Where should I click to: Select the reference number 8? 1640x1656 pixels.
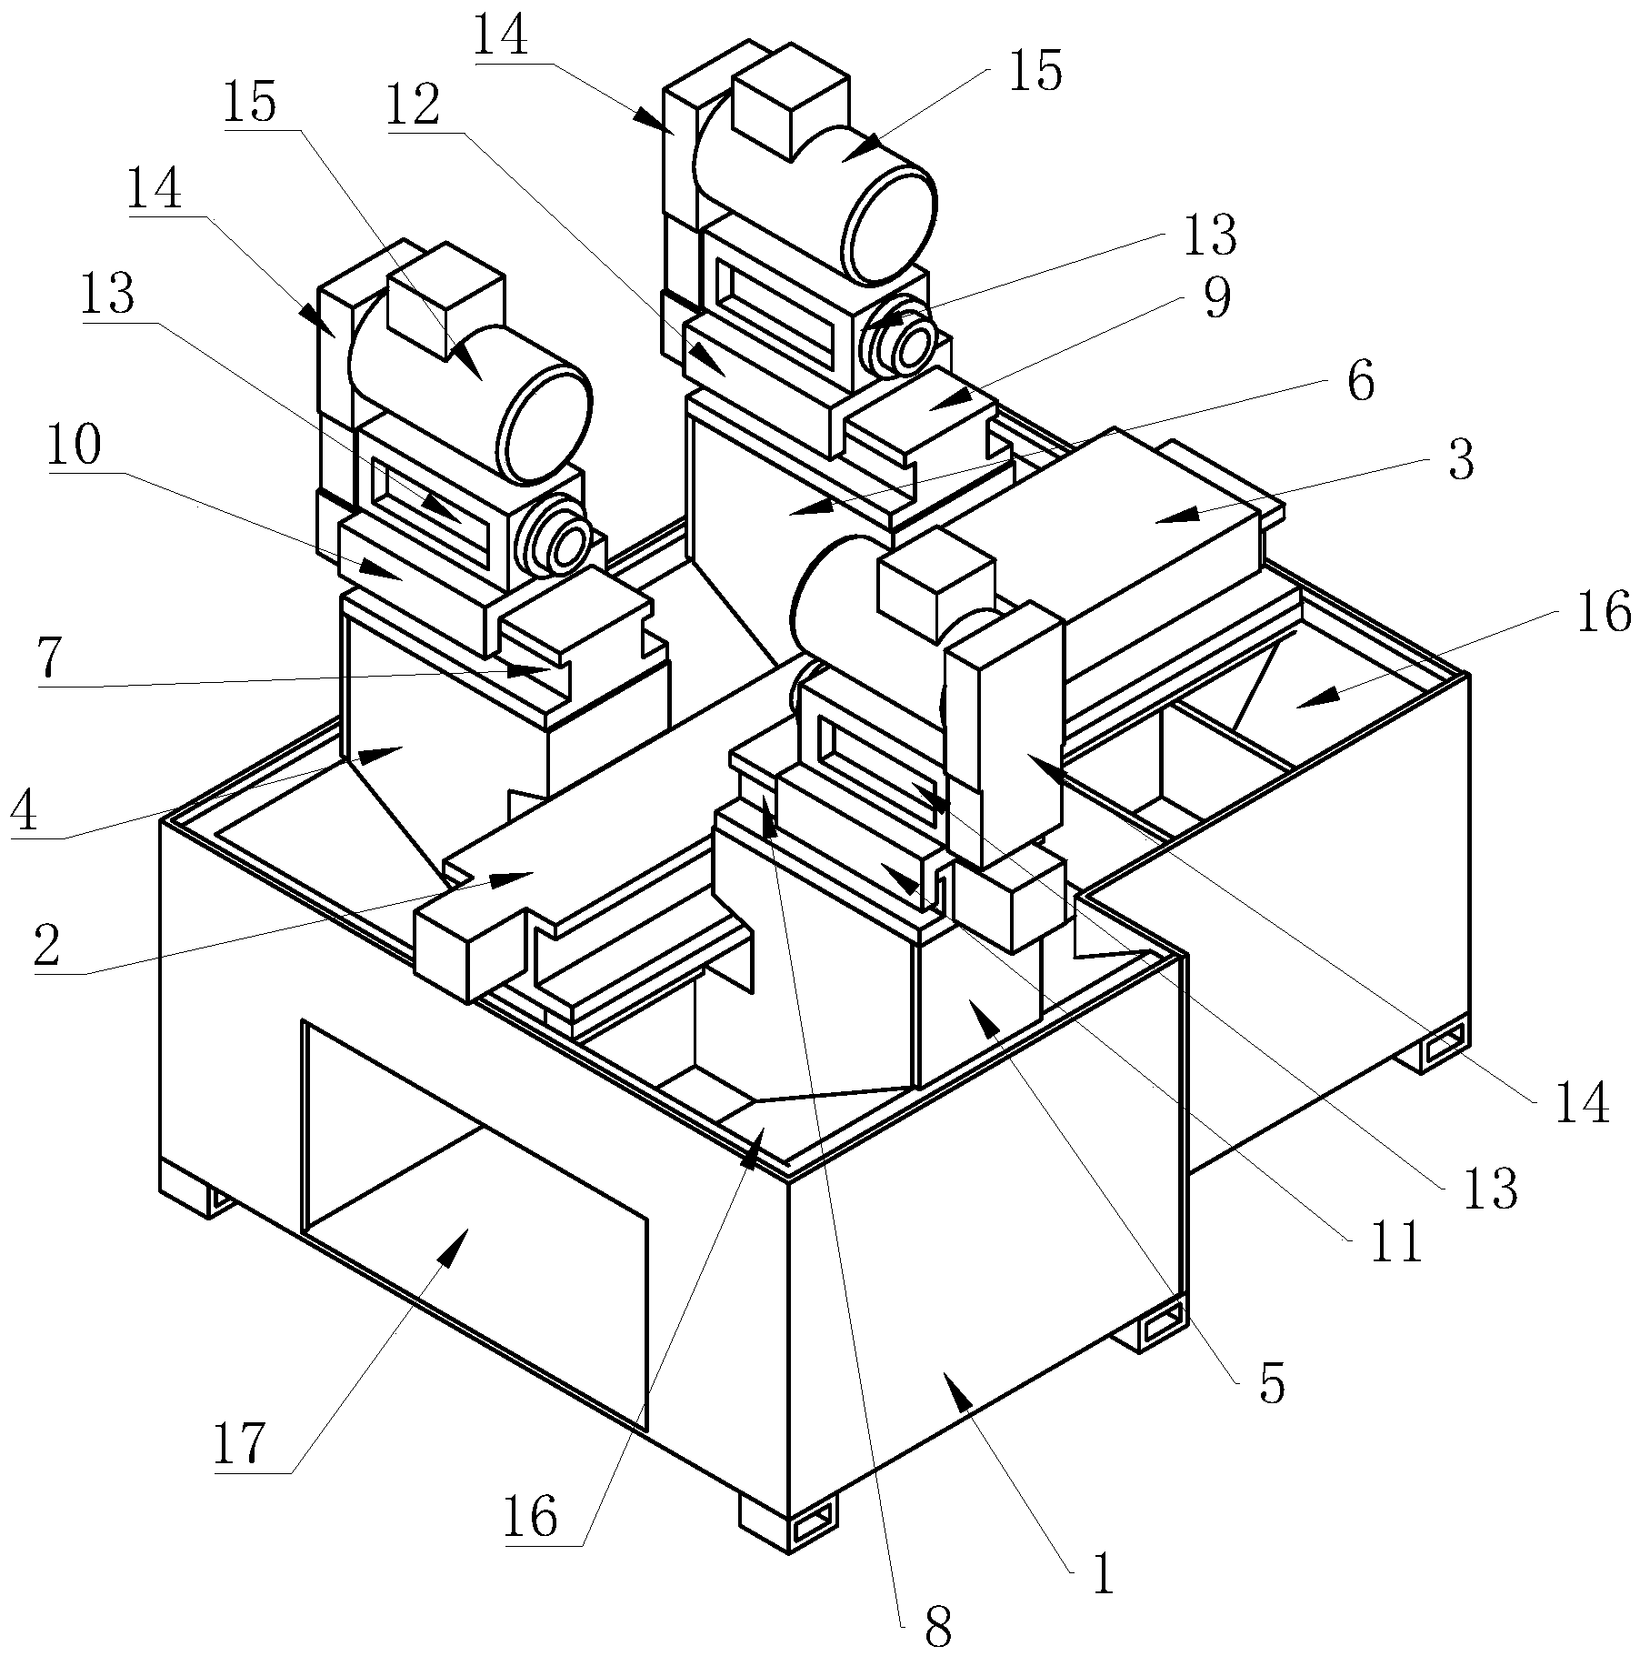click(937, 1628)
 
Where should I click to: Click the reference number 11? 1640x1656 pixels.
click(1396, 1242)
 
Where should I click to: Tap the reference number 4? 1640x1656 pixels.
click(24, 812)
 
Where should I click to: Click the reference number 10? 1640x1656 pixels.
click(74, 447)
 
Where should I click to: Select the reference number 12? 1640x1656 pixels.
click(414, 105)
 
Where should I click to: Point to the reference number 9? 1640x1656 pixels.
click(1216, 297)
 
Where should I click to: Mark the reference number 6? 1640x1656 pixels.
click(1360, 382)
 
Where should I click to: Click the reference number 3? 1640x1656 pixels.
click(1460, 461)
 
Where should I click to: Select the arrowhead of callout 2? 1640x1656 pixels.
click(510, 878)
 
